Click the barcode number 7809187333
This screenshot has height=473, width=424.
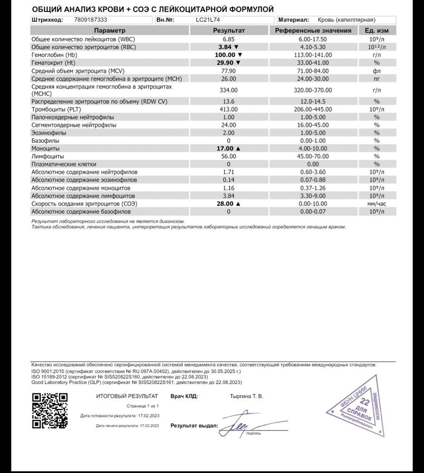click(91, 20)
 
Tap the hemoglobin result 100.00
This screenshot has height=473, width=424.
click(226, 55)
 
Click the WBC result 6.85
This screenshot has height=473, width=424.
click(228, 39)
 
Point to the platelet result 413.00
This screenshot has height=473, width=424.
click(228, 109)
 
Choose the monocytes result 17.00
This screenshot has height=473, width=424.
click(226, 148)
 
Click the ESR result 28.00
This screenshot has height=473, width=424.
click(226, 203)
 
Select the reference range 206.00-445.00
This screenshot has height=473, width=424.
click(313, 109)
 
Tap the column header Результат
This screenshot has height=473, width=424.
click(229, 31)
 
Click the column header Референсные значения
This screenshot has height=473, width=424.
click(313, 31)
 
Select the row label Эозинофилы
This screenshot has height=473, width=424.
click(49, 133)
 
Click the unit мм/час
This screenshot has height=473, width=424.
click(377, 203)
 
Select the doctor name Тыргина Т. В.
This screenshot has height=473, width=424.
click(243, 396)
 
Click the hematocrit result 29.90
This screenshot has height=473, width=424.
click(226, 62)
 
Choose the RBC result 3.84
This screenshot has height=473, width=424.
click(226, 47)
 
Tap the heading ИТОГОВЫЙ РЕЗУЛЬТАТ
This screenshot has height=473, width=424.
click(126, 396)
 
